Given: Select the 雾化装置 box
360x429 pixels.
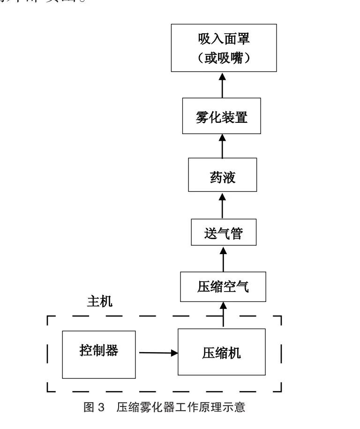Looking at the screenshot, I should click(222, 116).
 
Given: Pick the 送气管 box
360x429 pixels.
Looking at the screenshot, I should click(224, 233).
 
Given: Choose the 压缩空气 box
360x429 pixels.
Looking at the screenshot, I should click(223, 286).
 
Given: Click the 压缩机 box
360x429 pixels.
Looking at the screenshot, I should click(222, 352).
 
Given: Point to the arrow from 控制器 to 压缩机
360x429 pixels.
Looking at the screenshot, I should click(157, 353).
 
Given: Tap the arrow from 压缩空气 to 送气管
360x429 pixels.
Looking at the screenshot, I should click(223, 258).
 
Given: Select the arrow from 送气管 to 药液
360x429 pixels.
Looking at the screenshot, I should click(223, 205).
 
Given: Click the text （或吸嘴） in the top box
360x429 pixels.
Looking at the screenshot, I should click(223, 58).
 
